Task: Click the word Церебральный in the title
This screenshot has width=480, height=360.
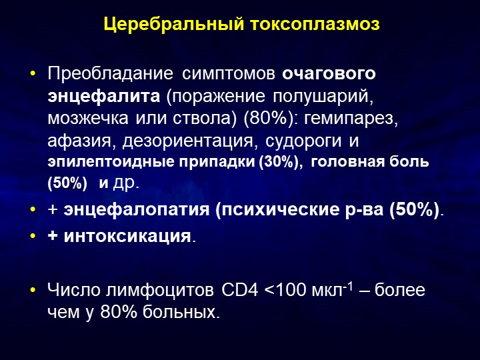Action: click(173, 25)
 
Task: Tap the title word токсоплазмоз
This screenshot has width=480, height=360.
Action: click(315, 24)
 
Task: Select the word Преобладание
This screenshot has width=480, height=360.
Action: click(110, 74)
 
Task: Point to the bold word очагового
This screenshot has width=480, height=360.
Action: click(329, 74)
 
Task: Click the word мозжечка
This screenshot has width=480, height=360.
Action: click(88, 119)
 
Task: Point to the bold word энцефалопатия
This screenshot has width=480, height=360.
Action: click(137, 210)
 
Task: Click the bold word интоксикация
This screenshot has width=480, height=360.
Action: click(127, 237)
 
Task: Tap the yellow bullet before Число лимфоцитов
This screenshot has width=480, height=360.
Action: click(33, 289)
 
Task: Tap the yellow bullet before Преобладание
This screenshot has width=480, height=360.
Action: click(33, 74)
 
